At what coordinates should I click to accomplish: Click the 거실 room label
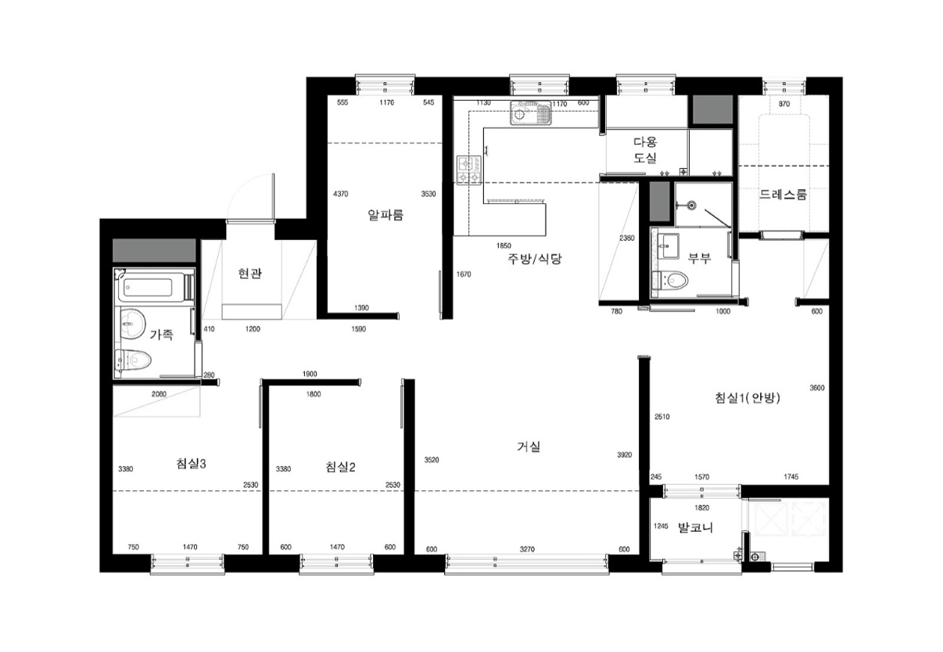529,446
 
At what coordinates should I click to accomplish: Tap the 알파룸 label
385,215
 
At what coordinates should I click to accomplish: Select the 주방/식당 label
534,259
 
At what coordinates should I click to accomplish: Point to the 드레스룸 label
783,195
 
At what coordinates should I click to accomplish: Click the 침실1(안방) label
748,398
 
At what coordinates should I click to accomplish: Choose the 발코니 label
695,528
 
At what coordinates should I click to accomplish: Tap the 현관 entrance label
249,274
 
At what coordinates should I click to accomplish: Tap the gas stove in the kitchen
469,170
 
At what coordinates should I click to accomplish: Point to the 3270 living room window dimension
527,549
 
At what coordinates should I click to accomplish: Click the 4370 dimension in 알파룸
341,194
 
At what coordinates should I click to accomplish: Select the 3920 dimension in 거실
624,454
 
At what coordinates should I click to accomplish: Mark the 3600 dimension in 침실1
817,388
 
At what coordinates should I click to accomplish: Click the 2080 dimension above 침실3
159,394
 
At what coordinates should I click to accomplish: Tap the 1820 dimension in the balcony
702,507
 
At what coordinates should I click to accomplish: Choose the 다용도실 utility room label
645,150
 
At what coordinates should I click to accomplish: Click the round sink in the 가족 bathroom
133,324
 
